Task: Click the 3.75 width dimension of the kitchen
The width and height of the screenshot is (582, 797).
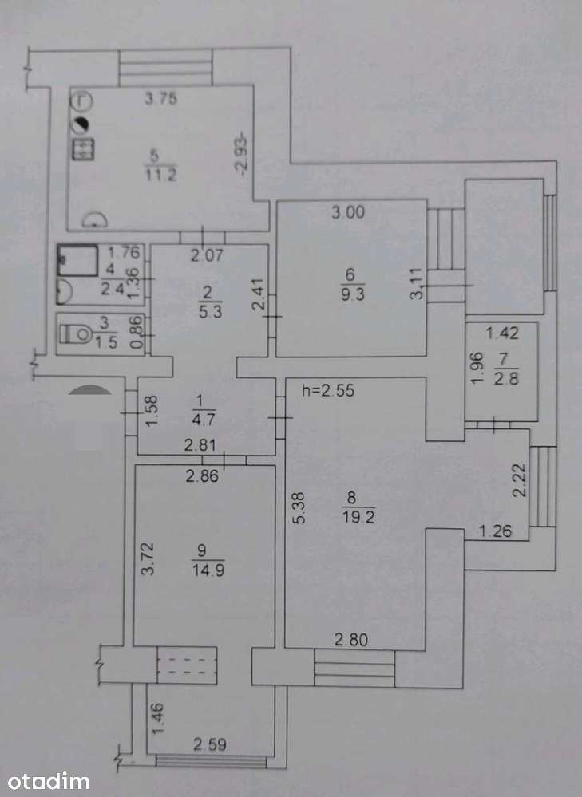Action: point(160,97)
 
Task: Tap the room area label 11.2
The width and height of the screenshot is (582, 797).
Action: point(160,175)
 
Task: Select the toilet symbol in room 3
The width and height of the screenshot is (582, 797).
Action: point(76,334)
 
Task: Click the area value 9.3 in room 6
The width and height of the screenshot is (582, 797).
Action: point(353,294)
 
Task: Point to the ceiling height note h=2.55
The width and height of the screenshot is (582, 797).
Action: point(328,390)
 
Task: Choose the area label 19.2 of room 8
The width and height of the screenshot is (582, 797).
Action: point(358,518)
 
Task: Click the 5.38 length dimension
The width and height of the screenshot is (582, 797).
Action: point(299,507)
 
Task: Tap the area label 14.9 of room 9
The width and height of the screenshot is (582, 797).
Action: point(208,570)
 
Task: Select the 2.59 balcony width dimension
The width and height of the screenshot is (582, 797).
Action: point(210,744)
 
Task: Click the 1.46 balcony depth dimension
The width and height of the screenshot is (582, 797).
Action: point(158,718)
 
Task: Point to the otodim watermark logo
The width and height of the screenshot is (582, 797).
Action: point(49,781)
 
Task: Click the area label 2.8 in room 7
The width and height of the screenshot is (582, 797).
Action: point(505,378)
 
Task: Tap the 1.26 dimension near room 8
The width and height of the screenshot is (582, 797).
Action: point(496,531)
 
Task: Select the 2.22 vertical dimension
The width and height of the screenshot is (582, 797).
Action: point(518,479)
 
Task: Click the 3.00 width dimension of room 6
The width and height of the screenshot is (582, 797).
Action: point(348,212)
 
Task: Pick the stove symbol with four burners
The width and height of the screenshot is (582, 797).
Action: point(82,149)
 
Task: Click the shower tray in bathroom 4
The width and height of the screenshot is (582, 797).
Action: point(77,260)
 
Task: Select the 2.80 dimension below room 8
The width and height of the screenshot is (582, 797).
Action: point(351,639)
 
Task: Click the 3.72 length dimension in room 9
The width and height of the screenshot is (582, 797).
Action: point(148,558)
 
